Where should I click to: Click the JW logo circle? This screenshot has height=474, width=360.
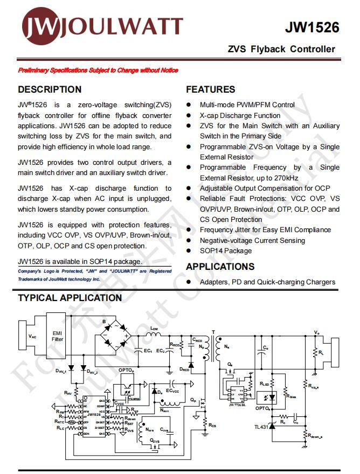pyautogui.click(x=39, y=26)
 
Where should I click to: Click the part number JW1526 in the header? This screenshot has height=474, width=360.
pyautogui.click(x=312, y=27)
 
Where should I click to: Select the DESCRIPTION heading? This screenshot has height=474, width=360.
pyautogui.click(x=50, y=89)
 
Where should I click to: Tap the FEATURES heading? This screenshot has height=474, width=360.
pyautogui.click(x=211, y=89)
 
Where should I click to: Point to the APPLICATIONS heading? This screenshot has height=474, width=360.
pyautogui.click(x=220, y=267)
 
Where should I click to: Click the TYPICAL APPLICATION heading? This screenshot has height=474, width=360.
pyautogui.click(x=70, y=298)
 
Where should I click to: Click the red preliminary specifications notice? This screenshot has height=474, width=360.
pyautogui.click(x=98, y=71)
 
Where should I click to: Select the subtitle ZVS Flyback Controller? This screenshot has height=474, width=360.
pyautogui.click(x=281, y=49)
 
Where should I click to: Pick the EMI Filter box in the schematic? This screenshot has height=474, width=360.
pyautogui.click(x=57, y=336)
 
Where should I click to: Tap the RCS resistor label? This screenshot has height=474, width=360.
pyautogui.click(x=212, y=426)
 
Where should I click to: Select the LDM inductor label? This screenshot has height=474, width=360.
pyautogui.click(x=154, y=328)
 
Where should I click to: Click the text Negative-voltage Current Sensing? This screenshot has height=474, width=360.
pyautogui.click(x=252, y=240)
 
